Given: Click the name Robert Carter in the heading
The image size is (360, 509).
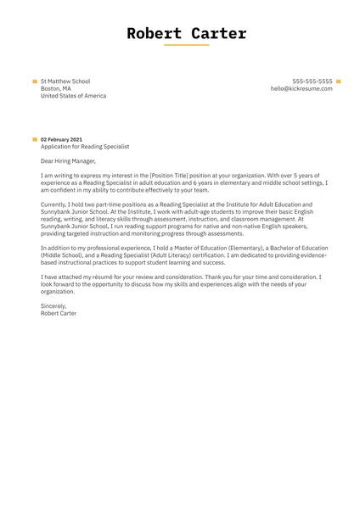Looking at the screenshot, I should (186, 34).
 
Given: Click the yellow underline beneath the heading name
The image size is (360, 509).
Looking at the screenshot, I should (186, 46).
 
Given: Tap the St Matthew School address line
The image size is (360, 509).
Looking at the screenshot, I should (65, 81).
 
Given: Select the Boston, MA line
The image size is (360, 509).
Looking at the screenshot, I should (56, 88).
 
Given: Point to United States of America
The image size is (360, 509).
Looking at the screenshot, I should (74, 96).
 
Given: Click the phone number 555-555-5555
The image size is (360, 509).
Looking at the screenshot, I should (312, 81).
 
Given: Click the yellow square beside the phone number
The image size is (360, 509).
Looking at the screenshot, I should (339, 81).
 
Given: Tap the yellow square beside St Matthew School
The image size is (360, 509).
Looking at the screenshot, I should (35, 81).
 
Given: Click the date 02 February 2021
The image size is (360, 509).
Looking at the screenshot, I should (61, 139).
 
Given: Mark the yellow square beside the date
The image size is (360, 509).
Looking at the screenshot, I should (35, 139).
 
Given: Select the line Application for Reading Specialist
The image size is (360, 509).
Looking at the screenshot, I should (84, 147).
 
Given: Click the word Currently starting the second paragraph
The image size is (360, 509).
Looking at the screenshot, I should (55, 204).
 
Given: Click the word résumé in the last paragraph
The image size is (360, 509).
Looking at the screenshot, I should (99, 277).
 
